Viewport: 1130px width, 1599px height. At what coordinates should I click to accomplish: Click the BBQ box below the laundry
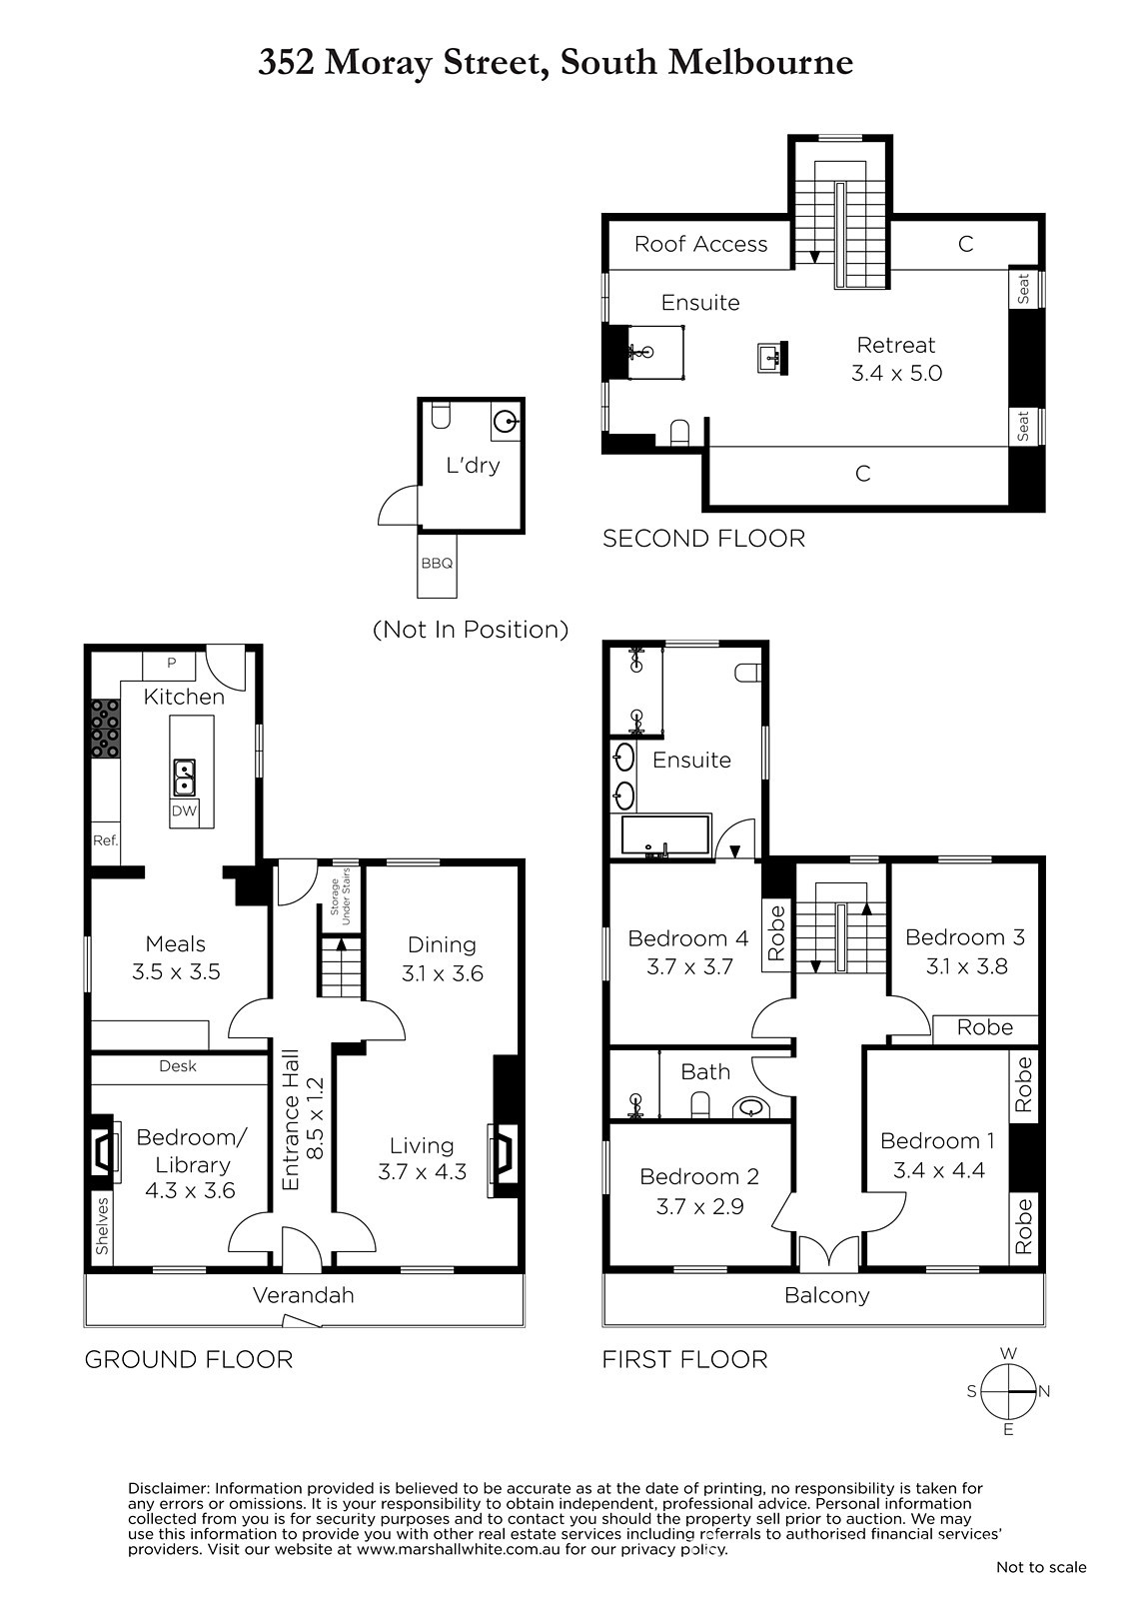tap(437, 565)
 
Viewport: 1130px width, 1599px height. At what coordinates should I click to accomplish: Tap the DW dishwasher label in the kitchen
tap(184, 810)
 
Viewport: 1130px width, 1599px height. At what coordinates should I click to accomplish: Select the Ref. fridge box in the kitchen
tap(105, 840)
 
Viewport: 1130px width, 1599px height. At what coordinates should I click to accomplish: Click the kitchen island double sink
tap(184, 777)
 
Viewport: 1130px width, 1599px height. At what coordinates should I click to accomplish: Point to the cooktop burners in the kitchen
tap(105, 728)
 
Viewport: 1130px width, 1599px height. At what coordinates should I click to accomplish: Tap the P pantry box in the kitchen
tap(171, 665)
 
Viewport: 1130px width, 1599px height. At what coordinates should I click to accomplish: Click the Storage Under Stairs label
tap(340, 896)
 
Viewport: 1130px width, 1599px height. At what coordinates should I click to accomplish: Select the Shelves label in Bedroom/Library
tap(102, 1225)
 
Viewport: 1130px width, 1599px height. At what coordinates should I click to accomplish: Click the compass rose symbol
tap(1008, 1391)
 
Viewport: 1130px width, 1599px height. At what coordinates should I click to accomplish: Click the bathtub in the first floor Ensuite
tap(666, 835)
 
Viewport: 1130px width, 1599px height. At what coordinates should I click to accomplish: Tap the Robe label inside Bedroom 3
tap(985, 1027)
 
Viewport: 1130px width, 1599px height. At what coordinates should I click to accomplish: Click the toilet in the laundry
tap(442, 416)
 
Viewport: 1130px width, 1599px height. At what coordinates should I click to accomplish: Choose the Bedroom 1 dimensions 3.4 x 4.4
tap(939, 1170)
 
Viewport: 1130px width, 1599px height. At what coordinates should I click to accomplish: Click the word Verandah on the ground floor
tap(304, 1295)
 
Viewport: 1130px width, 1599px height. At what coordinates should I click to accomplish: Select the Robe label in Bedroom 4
tap(776, 933)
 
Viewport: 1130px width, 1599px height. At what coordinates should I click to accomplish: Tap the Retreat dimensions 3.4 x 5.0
tap(896, 373)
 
